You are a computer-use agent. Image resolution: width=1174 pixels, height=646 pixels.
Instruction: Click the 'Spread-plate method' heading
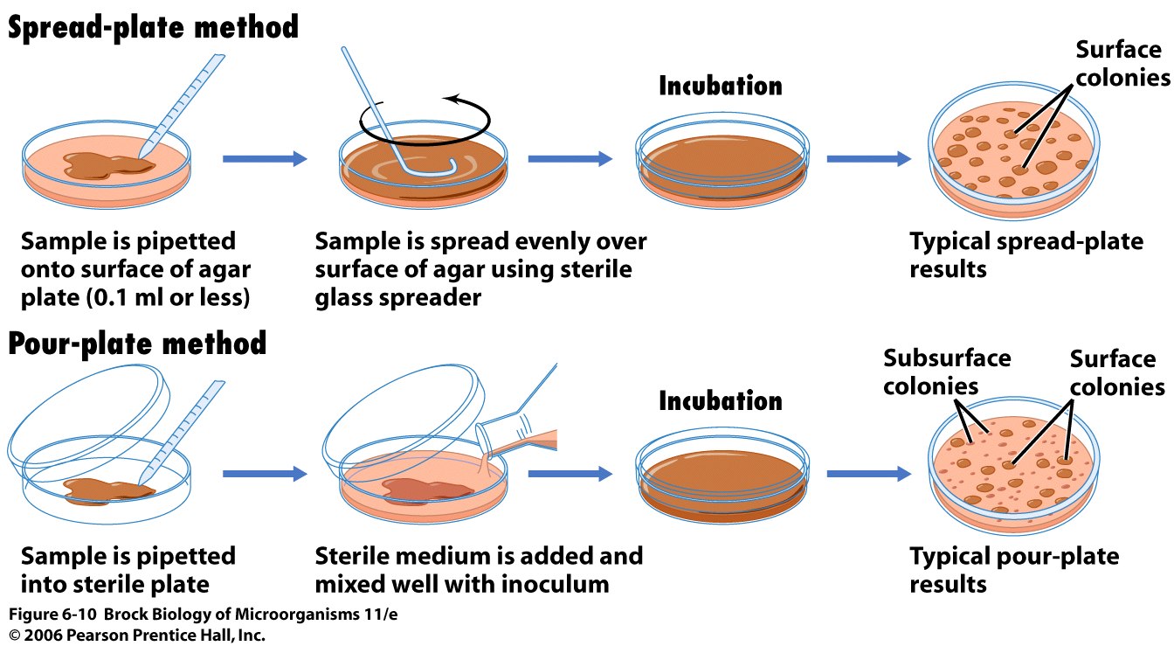coord(153,27)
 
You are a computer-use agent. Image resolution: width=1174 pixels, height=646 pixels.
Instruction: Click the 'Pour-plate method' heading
coord(137,344)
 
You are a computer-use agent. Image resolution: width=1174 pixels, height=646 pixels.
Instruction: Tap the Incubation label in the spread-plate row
coord(720,86)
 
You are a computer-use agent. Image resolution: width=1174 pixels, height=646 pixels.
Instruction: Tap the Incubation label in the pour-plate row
coord(720,400)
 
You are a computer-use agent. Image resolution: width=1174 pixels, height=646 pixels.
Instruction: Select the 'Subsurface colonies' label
coord(947,372)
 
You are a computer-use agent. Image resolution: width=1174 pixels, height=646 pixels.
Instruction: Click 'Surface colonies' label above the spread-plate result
coord(1122,64)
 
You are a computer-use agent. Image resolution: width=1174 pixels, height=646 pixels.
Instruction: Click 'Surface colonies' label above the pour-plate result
coord(1117,372)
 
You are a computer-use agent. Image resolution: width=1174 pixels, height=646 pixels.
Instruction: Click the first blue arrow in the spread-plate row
coord(265,158)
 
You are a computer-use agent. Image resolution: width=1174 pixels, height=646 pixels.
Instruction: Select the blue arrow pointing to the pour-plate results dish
coord(869,474)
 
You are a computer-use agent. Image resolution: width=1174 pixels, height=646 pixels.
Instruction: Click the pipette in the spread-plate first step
coord(182,106)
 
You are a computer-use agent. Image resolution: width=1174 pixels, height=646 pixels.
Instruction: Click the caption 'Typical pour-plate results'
coord(1014,570)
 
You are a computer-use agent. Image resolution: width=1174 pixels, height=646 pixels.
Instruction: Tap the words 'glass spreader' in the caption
coord(397,297)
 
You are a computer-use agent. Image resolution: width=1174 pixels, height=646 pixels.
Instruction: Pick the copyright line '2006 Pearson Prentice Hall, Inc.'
coord(145,635)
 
